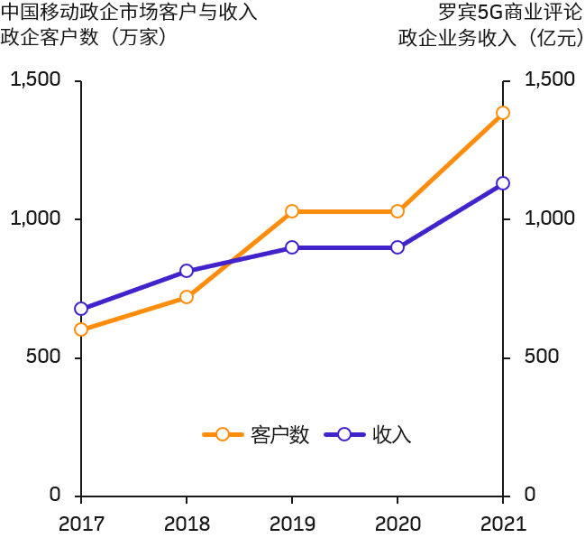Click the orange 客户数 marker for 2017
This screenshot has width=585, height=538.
coord(81,329)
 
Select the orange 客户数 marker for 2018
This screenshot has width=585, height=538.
coord(187,296)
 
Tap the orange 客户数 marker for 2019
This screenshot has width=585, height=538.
coord(292,211)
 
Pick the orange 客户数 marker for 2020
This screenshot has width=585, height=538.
coord(398,211)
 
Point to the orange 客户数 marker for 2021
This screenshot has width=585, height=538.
coord(503,113)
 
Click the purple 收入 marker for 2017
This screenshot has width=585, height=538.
coord(81,309)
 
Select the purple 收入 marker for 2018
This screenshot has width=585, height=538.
coord(187,271)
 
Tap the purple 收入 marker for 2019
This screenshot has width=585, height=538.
coord(292,247)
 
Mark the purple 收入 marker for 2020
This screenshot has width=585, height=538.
coord(398,247)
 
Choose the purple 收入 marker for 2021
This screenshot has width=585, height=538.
coord(503,183)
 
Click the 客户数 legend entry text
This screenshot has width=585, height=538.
coord(280,434)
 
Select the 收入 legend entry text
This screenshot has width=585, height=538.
coord(391,434)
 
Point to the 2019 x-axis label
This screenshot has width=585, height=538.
coord(292,523)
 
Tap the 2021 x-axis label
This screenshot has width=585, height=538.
coord(503,523)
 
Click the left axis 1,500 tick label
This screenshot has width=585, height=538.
coord(35,80)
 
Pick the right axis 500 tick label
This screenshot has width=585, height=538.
coord(543,357)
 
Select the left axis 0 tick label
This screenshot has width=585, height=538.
coord(56,495)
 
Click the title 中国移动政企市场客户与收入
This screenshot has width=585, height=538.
coord(130,13)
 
